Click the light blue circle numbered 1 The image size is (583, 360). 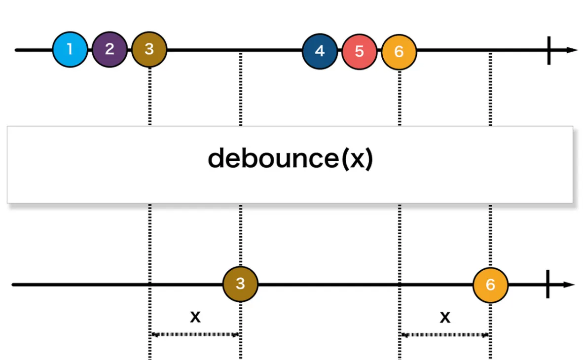(x=70, y=50)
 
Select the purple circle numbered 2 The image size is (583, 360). (x=109, y=50)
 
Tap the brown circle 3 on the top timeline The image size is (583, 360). (x=149, y=50)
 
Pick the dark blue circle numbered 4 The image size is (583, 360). (x=320, y=51)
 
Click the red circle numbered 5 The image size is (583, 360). (x=359, y=51)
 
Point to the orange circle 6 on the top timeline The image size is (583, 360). (x=399, y=51)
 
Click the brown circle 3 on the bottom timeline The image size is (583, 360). (x=240, y=284)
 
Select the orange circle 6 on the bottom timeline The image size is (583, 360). (x=490, y=285)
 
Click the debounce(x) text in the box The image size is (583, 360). (x=290, y=159)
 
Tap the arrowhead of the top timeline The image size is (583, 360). (x=572, y=50)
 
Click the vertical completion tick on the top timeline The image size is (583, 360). (x=548, y=50)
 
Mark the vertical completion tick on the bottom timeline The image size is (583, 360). (x=548, y=285)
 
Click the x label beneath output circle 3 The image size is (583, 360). (x=195, y=317)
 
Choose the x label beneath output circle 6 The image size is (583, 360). (x=445, y=317)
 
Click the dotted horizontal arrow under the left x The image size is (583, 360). (x=195, y=334)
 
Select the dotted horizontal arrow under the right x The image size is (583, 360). (x=445, y=334)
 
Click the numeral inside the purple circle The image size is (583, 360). (x=109, y=49)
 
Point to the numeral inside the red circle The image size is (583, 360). (x=359, y=51)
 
